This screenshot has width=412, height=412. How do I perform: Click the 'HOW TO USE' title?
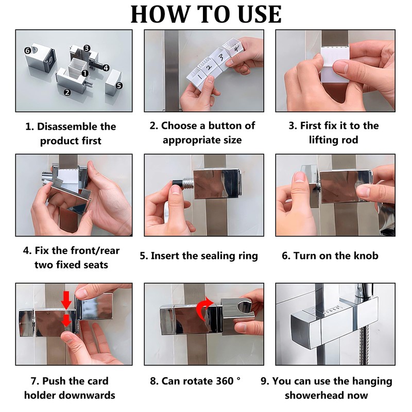(x=206, y=14)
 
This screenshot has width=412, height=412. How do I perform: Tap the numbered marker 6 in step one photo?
(x=27, y=50)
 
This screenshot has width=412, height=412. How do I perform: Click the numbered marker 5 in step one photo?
(x=119, y=86)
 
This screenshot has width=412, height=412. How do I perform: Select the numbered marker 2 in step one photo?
(x=66, y=93)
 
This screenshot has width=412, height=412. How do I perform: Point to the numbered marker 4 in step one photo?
(x=105, y=67)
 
